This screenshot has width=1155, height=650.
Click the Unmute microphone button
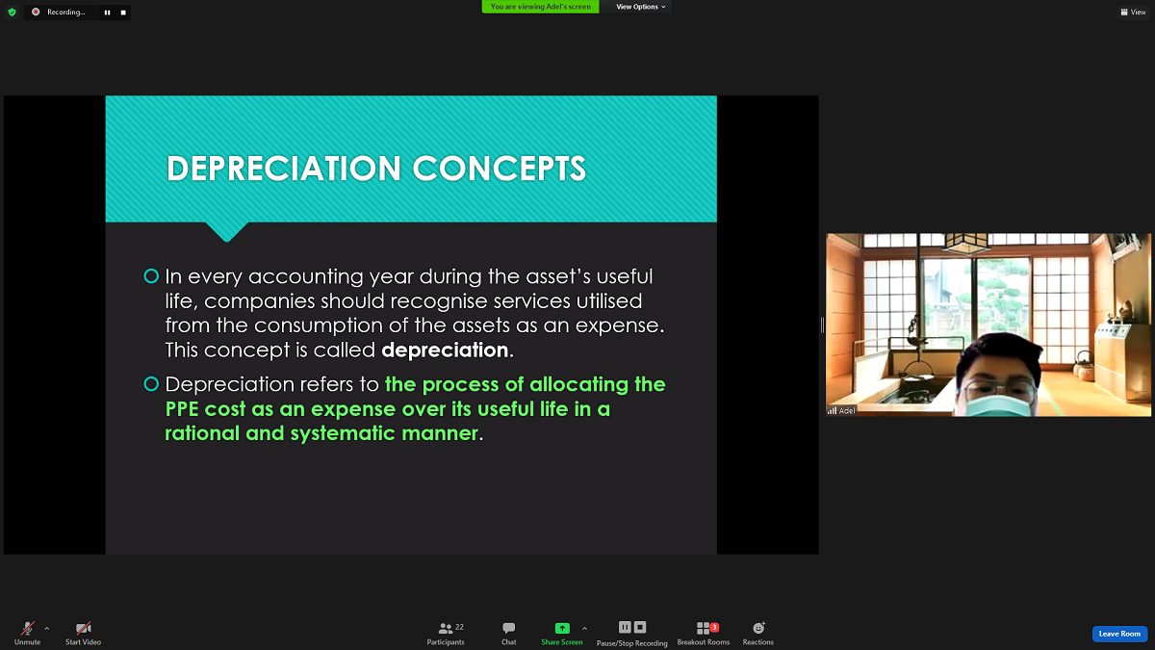click(27, 628)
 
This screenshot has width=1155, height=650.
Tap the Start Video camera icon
click(83, 628)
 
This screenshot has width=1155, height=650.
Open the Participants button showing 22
click(446, 633)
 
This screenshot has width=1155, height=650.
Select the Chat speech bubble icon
click(508, 628)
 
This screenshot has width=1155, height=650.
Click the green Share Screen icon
click(562, 628)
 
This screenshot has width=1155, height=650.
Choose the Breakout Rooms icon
click(704, 628)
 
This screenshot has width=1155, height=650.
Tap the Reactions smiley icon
click(758, 628)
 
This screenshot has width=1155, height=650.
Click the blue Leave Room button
click(1119, 634)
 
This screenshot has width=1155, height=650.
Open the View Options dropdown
click(640, 7)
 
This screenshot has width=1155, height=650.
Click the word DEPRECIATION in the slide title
click(284, 169)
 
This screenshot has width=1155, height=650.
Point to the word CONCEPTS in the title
click(500, 169)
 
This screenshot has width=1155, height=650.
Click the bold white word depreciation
click(445, 351)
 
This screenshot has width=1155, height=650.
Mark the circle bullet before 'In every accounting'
click(151, 276)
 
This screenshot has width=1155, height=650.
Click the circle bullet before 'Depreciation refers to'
click(151, 384)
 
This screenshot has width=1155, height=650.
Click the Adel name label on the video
click(847, 410)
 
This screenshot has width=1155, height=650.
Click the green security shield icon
click(12, 12)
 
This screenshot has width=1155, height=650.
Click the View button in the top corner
click(1133, 12)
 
